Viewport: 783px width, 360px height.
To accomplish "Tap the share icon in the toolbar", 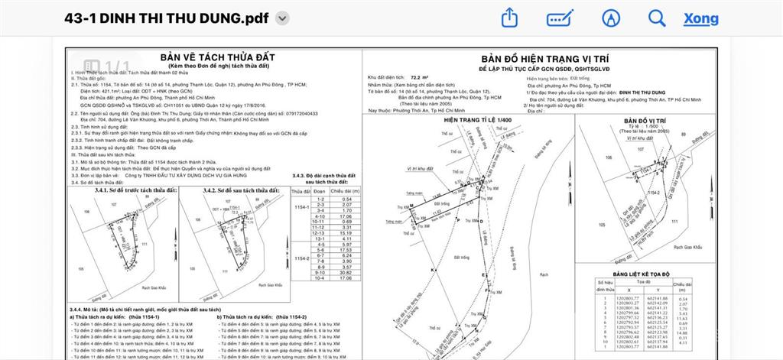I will [x=510, y=18].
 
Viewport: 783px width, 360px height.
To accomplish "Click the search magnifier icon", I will [x=656, y=18].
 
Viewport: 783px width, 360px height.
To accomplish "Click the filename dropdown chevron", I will [x=281, y=18].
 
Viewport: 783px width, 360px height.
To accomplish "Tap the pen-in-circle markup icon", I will [x=609, y=18].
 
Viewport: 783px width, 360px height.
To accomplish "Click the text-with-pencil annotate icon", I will [x=560, y=18].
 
